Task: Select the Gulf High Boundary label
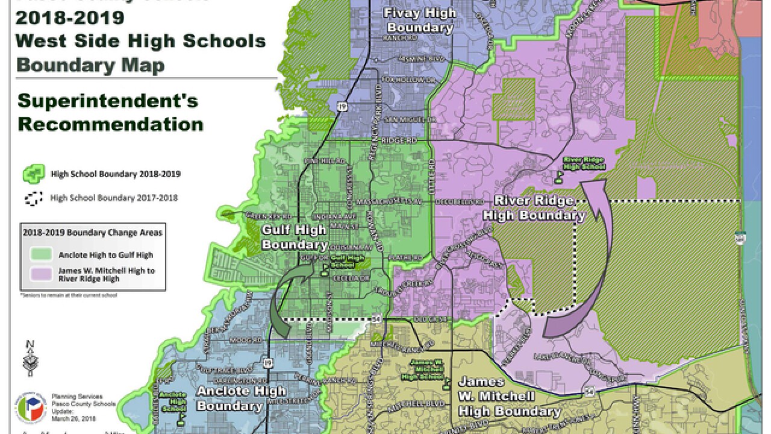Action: click(x=294, y=237)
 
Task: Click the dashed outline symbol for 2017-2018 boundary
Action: click(x=34, y=198)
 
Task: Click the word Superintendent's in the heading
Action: click(x=108, y=101)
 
